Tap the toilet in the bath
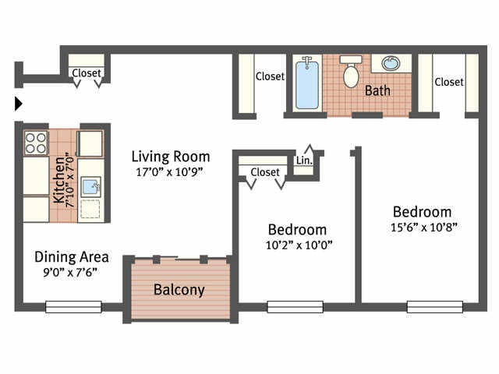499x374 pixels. coord(351,72)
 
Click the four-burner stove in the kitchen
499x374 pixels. coord(36,143)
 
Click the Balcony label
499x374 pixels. coord(179,290)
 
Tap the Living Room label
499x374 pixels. coord(170,156)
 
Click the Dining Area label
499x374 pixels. coord(71,256)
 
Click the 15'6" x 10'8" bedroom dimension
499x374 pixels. coord(422,228)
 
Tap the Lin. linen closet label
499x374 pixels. coord(304,161)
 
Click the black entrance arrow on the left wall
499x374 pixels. coord(19,104)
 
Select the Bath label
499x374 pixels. coord(377,90)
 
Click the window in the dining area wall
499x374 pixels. coord(73,307)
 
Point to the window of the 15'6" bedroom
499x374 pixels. coord(434,307)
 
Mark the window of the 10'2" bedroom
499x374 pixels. coord(295,307)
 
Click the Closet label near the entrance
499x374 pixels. coord(87,74)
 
